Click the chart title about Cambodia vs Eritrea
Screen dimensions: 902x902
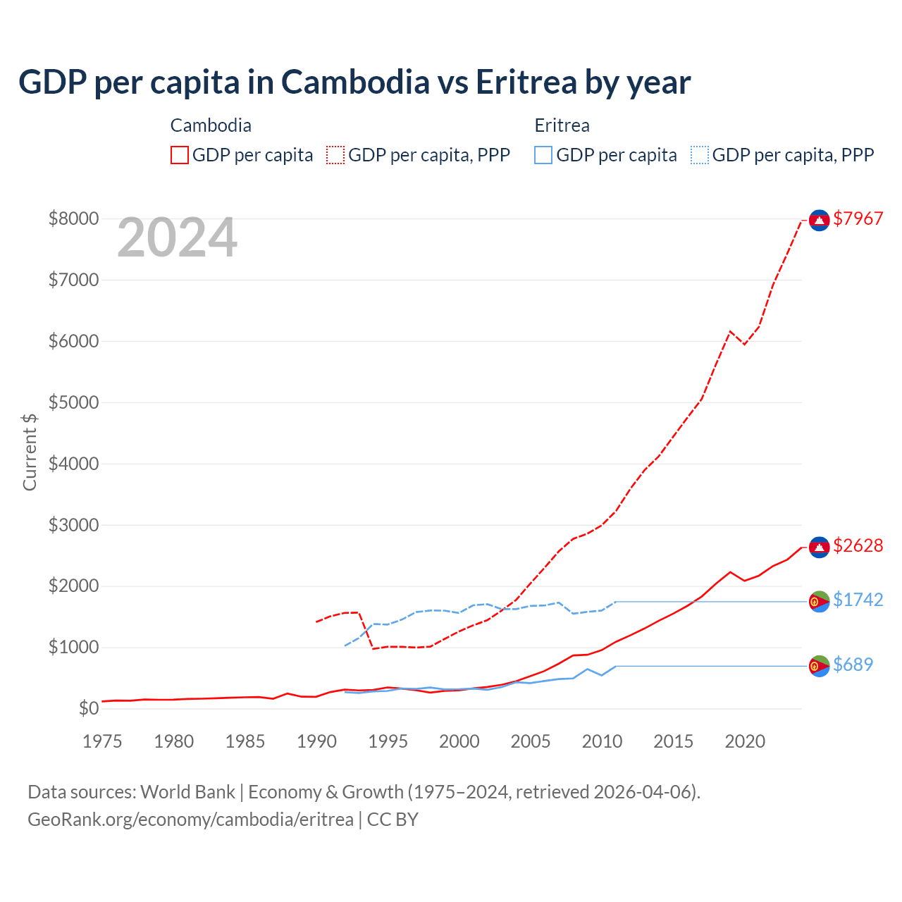tap(354, 82)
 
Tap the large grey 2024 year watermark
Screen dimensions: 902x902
tap(177, 238)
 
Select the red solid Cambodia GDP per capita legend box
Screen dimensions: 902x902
tap(180, 155)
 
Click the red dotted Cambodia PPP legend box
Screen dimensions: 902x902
tap(335, 155)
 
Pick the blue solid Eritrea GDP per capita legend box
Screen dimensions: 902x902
tap(543, 155)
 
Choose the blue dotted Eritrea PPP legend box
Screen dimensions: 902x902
tap(700, 155)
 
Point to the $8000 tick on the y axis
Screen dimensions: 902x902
tap(73, 218)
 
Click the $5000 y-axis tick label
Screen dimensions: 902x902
tap(73, 402)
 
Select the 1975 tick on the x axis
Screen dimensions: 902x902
tap(102, 741)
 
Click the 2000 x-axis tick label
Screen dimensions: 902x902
tap(459, 741)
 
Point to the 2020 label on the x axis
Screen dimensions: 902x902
tap(745, 741)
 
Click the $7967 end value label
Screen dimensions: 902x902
tap(858, 218)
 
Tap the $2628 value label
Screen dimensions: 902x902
tap(858, 545)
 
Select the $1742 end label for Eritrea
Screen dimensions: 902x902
tap(858, 600)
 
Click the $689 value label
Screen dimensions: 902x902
tap(853, 665)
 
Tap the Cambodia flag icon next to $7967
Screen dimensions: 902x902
tap(819, 221)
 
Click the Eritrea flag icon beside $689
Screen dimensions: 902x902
tap(819, 666)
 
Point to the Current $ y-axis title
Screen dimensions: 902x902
tap(30, 452)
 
